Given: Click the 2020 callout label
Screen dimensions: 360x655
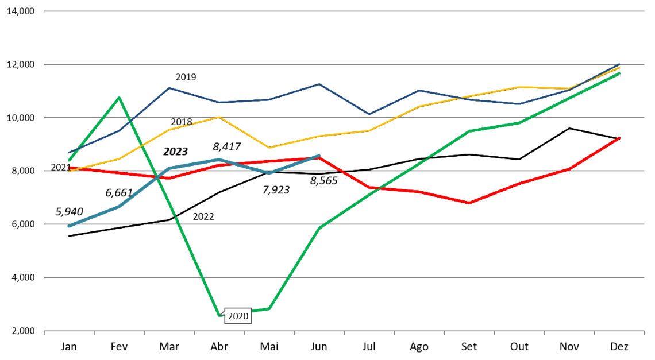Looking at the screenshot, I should pyautogui.click(x=238, y=316).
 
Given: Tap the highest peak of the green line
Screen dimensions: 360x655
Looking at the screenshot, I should pyautogui.click(x=119, y=98).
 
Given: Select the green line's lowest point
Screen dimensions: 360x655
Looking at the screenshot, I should pyautogui.click(x=219, y=315).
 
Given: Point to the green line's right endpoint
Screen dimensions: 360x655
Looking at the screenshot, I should pyautogui.click(x=619, y=73).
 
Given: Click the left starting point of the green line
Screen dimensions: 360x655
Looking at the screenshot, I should pyautogui.click(x=69, y=160).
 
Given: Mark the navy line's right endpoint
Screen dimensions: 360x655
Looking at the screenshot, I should pyautogui.click(x=619, y=64).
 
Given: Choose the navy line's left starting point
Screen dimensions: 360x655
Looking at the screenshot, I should pyautogui.click(x=70, y=153).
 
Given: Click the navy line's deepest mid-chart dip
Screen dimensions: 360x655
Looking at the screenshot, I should pyautogui.click(x=369, y=114).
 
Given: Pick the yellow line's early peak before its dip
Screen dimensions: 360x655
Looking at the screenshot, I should pyautogui.click(x=219, y=117).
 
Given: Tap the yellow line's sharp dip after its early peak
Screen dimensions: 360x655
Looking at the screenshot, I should pyautogui.click(x=269, y=148).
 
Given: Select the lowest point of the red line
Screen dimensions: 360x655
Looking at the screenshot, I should pyautogui.click(x=469, y=203).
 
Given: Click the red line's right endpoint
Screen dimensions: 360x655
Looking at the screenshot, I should pyautogui.click(x=619, y=138).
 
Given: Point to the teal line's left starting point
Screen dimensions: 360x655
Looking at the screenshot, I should pyautogui.click(x=69, y=226).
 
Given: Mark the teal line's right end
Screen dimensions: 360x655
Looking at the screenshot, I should pyautogui.click(x=319, y=156).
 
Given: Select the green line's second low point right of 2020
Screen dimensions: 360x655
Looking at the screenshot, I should pyautogui.click(x=269, y=308).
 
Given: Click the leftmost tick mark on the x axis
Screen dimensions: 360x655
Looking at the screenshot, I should pyautogui.click(x=44, y=332).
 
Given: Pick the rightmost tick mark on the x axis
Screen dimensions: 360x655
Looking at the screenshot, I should pyautogui.click(x=644, y=332).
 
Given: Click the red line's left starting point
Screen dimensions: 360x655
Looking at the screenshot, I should pyautogui.click(x=69, y=168).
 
